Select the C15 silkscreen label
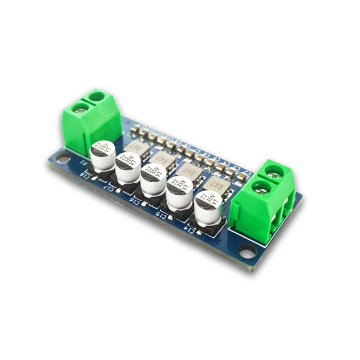point(161,214)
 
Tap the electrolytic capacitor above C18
point(103,155)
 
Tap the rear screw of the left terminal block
point(96,96)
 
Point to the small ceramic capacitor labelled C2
point(242,177)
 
